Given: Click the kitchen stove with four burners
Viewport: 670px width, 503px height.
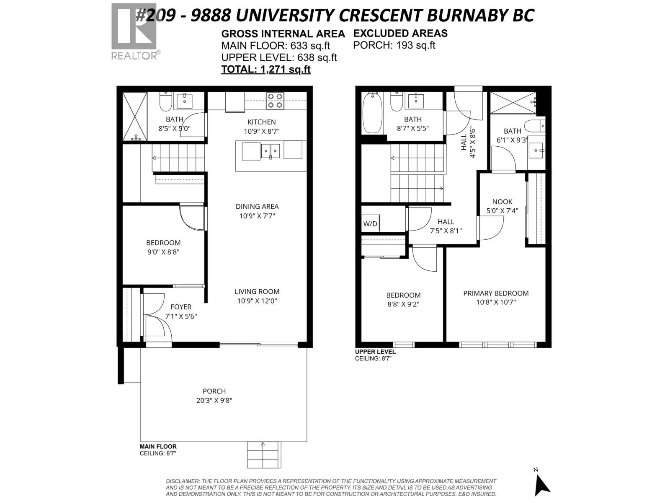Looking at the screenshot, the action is pos(275,101).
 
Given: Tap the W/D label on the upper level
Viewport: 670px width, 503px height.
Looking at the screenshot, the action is pos(370,224).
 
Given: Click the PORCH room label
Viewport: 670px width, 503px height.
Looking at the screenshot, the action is pos(214,391).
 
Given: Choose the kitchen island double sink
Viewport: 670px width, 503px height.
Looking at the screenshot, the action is pos(271,151).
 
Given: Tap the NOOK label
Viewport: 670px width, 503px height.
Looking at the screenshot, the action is pos(502,202).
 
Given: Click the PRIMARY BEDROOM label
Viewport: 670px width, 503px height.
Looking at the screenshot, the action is pos(496,293).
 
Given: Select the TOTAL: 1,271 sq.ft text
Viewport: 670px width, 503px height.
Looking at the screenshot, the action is pos(266,69).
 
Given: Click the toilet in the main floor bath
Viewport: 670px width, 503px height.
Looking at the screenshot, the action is pos(165,102).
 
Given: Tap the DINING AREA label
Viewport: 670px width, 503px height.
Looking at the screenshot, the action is pos(257,207).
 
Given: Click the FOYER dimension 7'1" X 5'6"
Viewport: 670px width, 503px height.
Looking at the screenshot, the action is pos(181,316).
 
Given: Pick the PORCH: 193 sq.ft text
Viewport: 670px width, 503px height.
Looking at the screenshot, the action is pos(394,45).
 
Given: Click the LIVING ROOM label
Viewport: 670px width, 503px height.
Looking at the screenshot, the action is pos(257,292).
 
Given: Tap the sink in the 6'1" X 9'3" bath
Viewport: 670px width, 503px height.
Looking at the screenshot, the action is pos(536,150).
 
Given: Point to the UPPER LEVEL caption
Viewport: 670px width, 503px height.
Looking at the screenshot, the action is pos(375,352).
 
